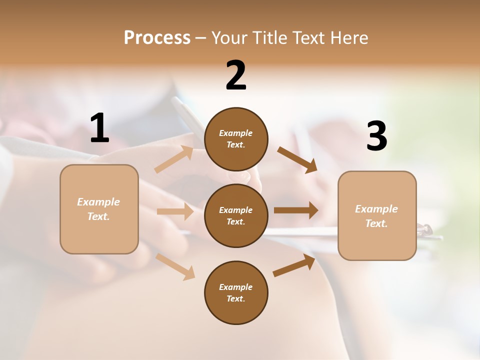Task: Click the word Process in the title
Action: [x=157, y=38]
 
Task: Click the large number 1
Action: [x=99, y=128]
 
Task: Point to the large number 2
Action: [x=236, y=75]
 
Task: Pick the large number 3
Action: [x=376, y=136]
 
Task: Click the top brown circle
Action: [x=236, y=139]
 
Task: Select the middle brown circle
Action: [x=236, y=215]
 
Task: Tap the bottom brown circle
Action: [x=236, y=292]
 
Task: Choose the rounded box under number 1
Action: [x=99, y=209]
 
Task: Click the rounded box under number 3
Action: [x=377, y=215]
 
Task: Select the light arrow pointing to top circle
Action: [x=174, y=159]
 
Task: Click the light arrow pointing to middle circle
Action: [x=175, y=211]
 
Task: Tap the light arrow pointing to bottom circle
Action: [x=175, y=266]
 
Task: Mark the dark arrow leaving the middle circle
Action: [x=296, y=210]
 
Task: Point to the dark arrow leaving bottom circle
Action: [x=294, y=265]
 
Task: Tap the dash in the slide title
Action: [x=201, y=38]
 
